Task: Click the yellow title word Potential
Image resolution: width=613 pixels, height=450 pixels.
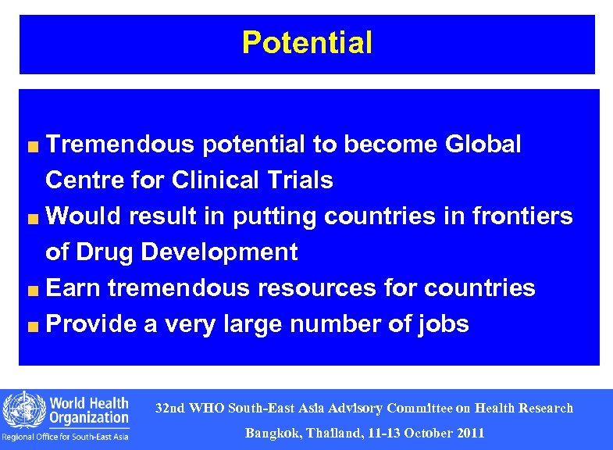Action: [x=307, y=42]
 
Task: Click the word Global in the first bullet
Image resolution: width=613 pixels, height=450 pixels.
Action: [x=483, y=145]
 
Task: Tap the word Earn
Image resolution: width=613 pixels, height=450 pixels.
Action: [x=74, y=288]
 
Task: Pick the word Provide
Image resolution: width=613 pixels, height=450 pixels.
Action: [x=92, y=324]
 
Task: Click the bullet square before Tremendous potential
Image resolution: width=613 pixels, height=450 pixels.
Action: [x=34, y=146]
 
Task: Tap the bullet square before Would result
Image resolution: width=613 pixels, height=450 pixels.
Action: [x=34, y=218]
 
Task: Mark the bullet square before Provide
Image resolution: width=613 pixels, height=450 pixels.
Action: [x=34, y=326]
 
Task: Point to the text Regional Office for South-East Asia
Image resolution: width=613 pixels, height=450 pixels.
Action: [x=66, y=437]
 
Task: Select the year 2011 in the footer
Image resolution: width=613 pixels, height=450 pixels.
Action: [x=468, y=433]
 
